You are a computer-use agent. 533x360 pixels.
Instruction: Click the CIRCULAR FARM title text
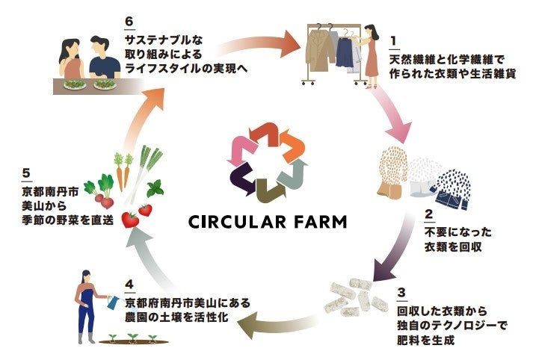pyautogui.click(x=267, y=223)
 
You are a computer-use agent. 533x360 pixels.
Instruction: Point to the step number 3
pyautogui.click(x=404, y=293)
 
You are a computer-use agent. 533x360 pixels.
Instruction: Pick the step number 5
pyautogui.click(x=27, y=171)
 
